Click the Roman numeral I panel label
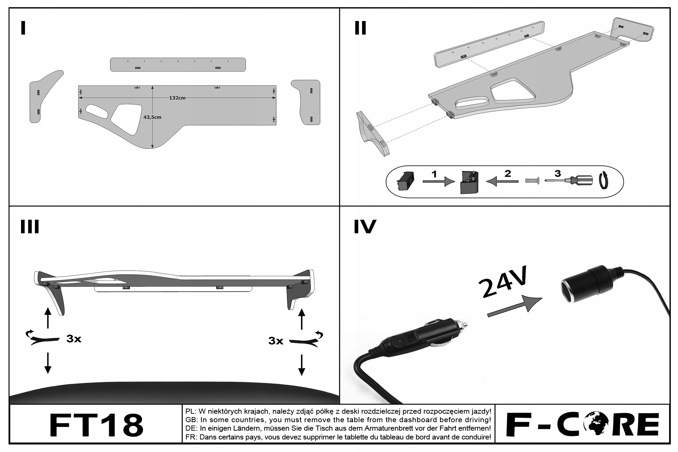(23, 28)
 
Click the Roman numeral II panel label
(360, 28)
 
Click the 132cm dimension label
(177, 98)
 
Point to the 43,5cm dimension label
(152, 117)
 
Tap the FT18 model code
(96, 425)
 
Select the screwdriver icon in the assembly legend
(570, 181)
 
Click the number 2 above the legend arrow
(507, 174)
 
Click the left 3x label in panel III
(74, 339)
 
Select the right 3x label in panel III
(276, 341)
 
